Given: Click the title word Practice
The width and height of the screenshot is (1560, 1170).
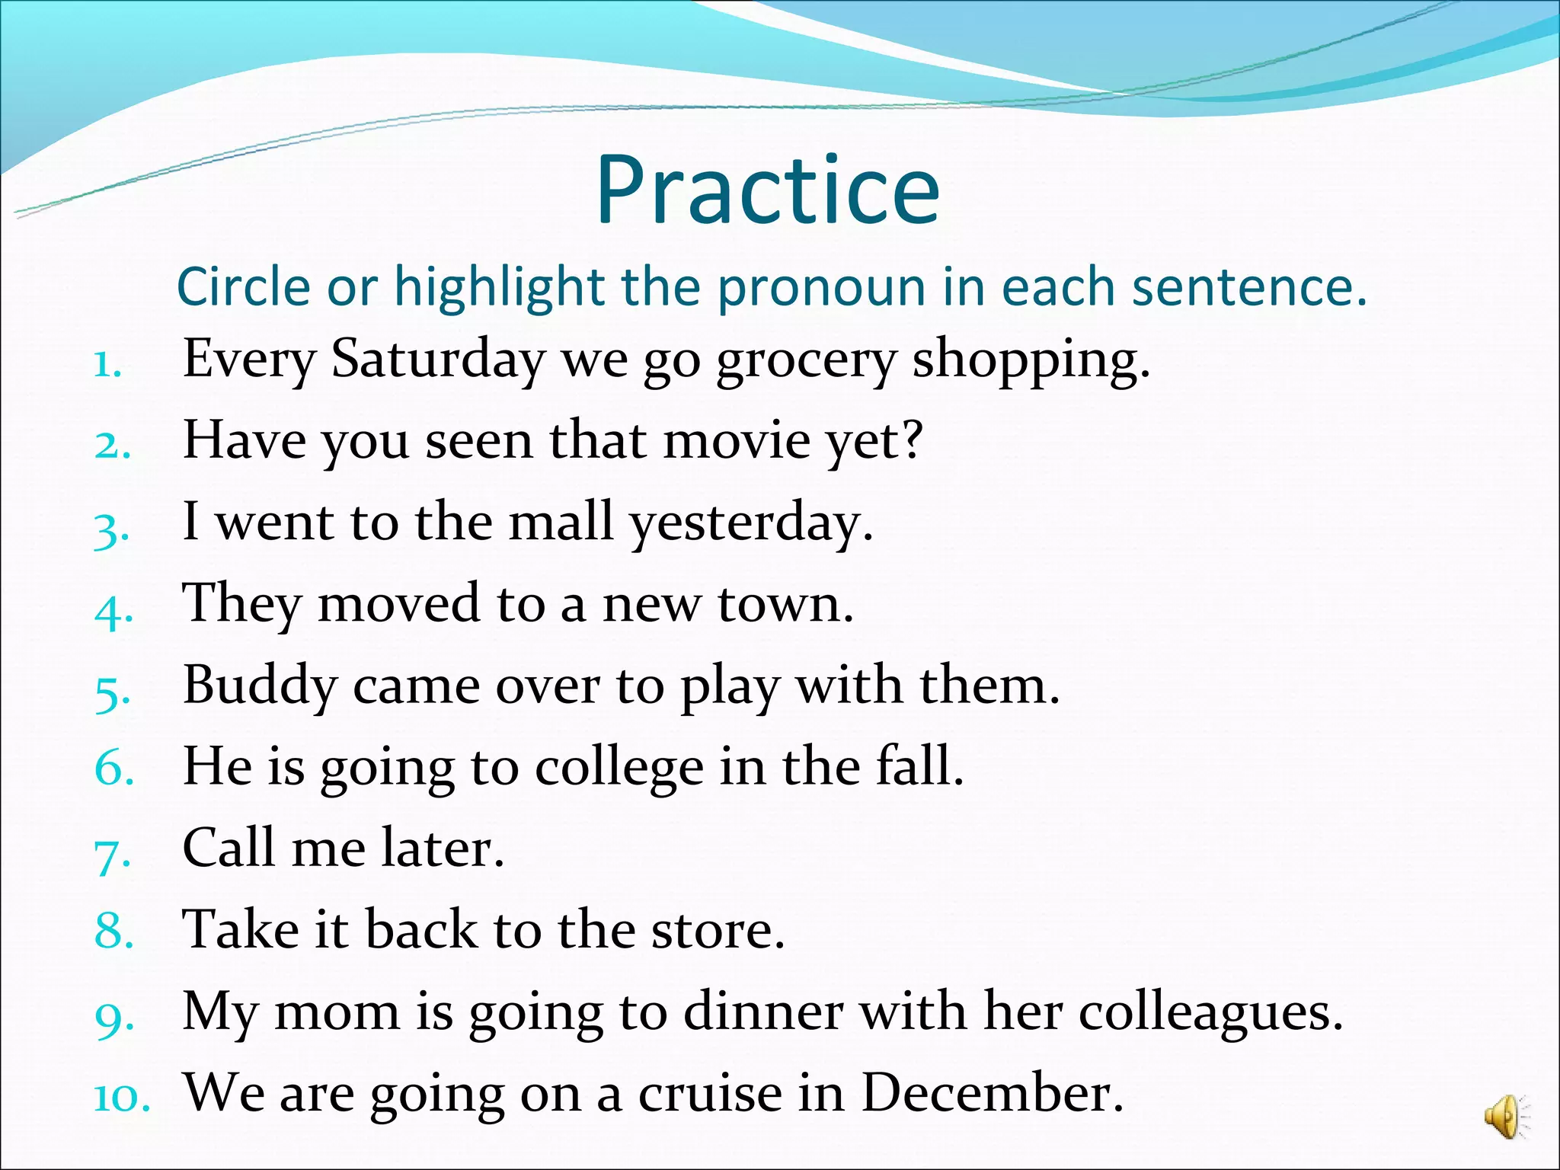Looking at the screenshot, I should [x=767, y=190].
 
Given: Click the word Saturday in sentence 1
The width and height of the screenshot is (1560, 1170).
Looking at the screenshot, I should [x=437, y=360].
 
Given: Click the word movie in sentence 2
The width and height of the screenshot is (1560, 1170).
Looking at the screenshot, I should [x=737, y=441].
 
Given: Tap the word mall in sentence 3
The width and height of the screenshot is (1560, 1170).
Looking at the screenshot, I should [x=561, y=523].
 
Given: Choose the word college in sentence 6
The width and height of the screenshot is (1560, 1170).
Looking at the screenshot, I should [x=619, y=768].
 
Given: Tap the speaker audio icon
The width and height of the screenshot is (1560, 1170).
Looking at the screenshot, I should [x=1504, y=1117].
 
